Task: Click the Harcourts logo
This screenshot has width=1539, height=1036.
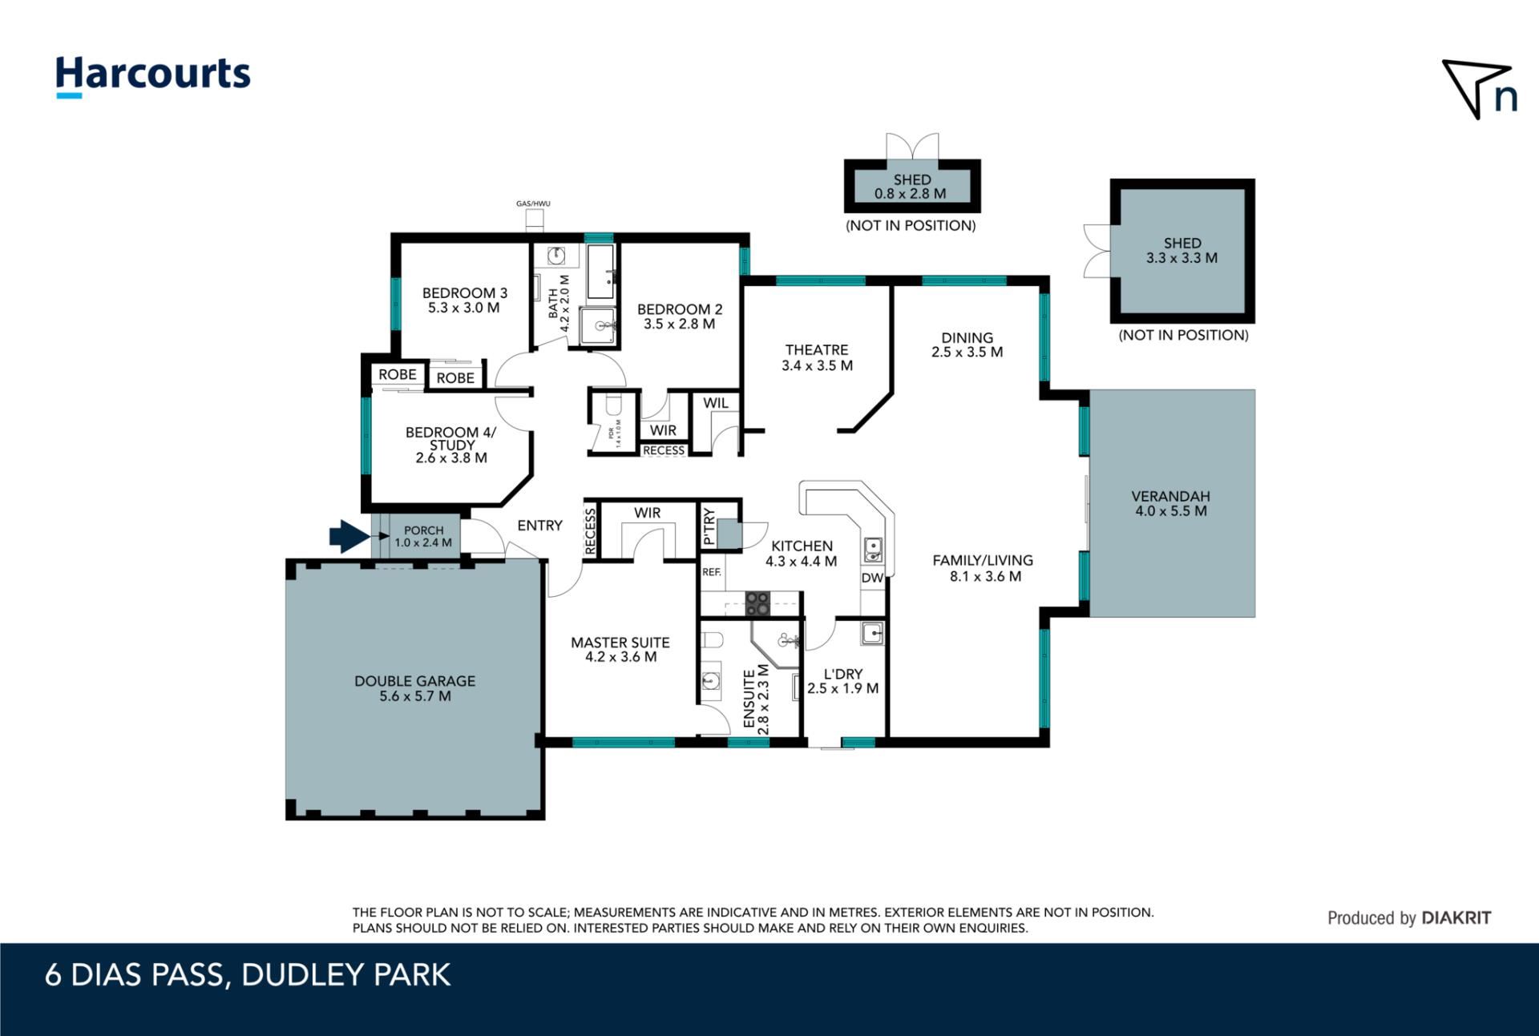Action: click(x=152, y=77)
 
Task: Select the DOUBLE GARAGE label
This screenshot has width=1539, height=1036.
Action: click(x=415, y=688)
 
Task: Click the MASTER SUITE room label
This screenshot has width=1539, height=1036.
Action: click(x=620, y=650)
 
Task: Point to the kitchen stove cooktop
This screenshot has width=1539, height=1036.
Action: click(x=757, y=603)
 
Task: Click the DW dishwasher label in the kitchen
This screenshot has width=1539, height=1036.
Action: click(x=872, y=578)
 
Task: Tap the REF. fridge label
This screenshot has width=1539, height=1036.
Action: click(x=712, y=572)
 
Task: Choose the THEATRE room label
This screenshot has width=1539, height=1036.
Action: click(x=817, y=357)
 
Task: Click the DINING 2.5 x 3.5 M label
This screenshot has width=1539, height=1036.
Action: click(x=967, y=345)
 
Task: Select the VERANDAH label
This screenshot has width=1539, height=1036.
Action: click(x=1170, y=503)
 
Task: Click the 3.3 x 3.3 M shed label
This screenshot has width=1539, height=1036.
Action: click(x=1182, y=250)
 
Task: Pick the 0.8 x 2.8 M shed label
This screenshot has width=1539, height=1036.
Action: click(x=911, y=187)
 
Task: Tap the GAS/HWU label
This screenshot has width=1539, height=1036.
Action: click(x=533, y=204)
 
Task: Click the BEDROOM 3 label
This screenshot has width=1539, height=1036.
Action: click(x=465, y=300)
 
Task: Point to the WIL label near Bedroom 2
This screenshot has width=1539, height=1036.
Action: click(x=716, y=403)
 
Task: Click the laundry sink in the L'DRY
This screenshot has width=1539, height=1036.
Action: click(x=872, y=633)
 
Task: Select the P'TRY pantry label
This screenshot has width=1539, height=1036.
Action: click(x=709, y=527)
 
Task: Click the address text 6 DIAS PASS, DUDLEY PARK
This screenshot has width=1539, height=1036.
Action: click(x=248, y=975)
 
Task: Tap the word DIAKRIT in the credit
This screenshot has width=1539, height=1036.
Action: click(x=1456, y=918)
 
